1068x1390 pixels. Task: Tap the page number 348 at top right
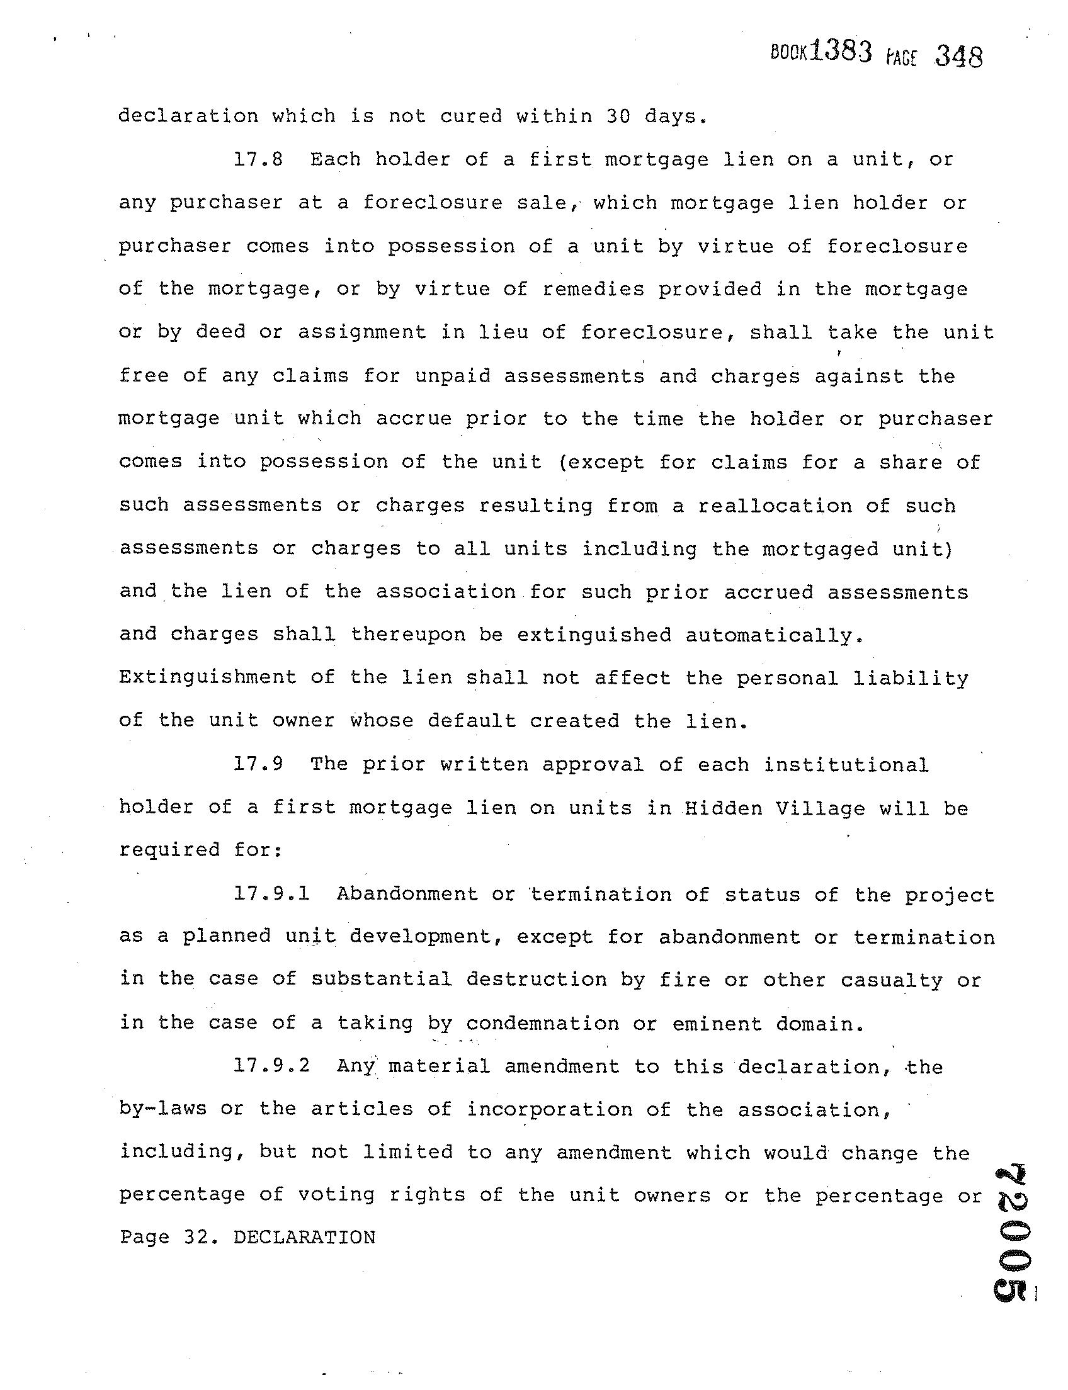(x=958, y=57)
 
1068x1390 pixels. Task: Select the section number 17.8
(x=258, y=159)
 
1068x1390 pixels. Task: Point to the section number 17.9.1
(x=271, y=894)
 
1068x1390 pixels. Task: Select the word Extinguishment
(x=207, y=677)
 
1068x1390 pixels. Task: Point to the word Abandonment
(x=407, y=894)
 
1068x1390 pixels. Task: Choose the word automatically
(x=775, y=635)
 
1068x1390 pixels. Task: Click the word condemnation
(x=542, y=1023)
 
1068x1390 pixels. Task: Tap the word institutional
(x=846, y=764)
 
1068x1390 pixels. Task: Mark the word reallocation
(x=775, y=506)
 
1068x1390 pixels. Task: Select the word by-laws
(x=162, y=1109)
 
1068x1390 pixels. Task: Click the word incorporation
(x=548, y=1109)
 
